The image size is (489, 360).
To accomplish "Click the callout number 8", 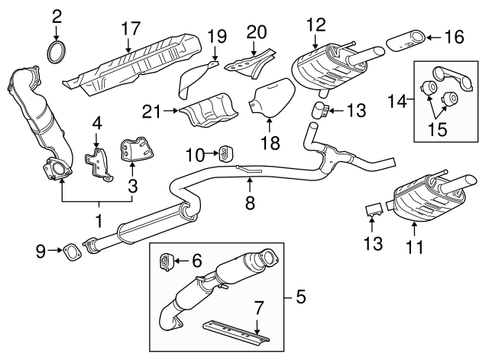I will click(x=248, y=204).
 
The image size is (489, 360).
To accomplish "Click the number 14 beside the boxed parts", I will click(x=399, y=100).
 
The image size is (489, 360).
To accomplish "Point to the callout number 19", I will click(x=217, y=36).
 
